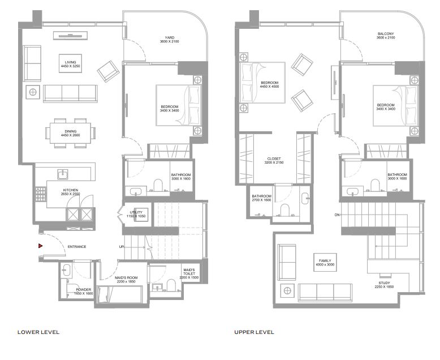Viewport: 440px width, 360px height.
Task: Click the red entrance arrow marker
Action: click(40, 246)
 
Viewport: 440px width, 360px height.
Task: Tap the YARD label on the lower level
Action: click(170, 37)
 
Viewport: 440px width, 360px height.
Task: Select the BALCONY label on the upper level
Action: click(386, 34)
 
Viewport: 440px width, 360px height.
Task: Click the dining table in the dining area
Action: click(71, 133)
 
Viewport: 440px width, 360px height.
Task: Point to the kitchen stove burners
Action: click(40, 194)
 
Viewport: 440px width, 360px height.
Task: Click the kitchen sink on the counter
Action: click(63, 174)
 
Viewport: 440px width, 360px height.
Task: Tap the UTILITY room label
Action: click(136, 212)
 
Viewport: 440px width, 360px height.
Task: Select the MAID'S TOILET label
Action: click(189, 272)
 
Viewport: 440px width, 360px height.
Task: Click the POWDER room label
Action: click(84, 289)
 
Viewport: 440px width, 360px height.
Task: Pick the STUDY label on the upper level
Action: click(384, 283)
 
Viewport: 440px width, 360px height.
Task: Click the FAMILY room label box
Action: click(325, 262)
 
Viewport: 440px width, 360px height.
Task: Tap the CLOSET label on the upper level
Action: click(274, 158)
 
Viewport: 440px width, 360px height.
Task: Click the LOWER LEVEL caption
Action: click(38, 332)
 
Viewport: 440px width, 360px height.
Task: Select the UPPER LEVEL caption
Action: click(254, 332)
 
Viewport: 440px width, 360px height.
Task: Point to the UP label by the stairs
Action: click(122, 247)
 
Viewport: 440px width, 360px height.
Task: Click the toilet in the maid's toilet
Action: click(171, 285)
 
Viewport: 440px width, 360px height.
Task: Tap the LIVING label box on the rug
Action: click(71, 63)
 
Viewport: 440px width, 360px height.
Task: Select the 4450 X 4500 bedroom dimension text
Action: click(269, 87)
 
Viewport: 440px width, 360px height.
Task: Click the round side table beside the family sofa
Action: click(287, 290)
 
